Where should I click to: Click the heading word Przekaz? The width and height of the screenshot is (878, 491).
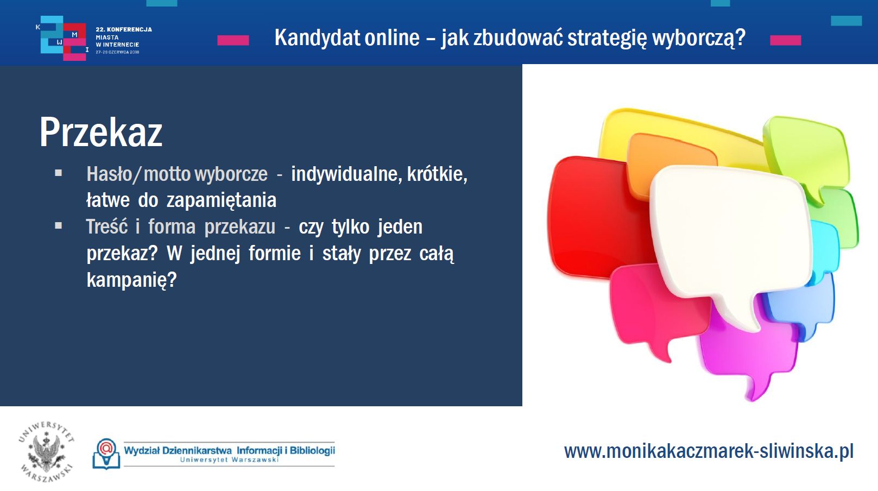tap(101, 132)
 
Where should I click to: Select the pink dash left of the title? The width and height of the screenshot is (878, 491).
tap(233, 40)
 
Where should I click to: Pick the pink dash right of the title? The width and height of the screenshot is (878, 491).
tap(786, 40)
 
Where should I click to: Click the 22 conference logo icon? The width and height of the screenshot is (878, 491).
tap(63, 38)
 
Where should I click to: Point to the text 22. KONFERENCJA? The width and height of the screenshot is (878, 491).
tap(124, 29)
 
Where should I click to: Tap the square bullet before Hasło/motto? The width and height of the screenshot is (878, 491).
tap(59, 173)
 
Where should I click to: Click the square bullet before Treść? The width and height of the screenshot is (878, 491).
tap(59, 225)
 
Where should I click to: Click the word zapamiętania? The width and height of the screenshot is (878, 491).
tap(222, 200)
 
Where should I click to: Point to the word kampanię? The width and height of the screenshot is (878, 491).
tap(132, 280)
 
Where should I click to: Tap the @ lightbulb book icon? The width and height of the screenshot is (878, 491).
tap(106, 454)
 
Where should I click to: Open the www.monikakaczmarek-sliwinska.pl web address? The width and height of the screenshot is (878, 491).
tap(709, 451)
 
